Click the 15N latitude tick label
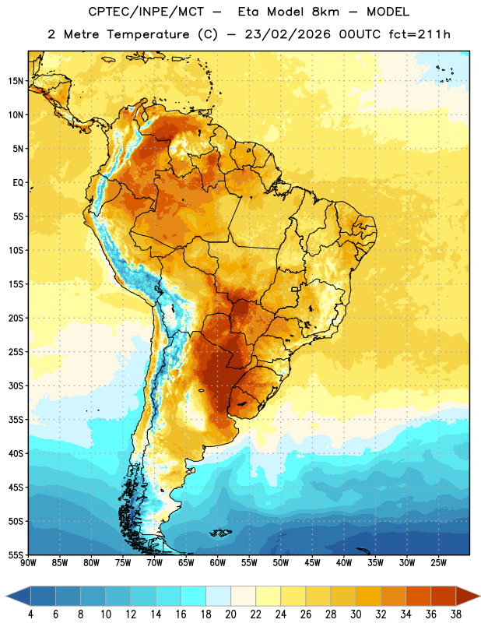tap(16, 81)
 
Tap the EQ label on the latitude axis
tap(18, 183)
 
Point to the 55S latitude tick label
tap(16, 554)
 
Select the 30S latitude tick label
tap(16, 385)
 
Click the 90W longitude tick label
tap(28, 562)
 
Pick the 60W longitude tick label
tap(218, 562)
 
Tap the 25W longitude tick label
tap(438, 562)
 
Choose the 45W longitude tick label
tap(313, 562)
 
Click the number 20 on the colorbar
tap(230, 614)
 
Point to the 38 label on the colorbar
tap(455, 614)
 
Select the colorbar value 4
tap(30, 614)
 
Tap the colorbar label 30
tap(356, 614)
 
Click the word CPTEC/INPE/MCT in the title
tap(146, 12)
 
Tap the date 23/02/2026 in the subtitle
tap(287, 34)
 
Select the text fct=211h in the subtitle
tap(420, 34)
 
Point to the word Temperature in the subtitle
tap(148, 34)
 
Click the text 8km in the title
tap(325, 12)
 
